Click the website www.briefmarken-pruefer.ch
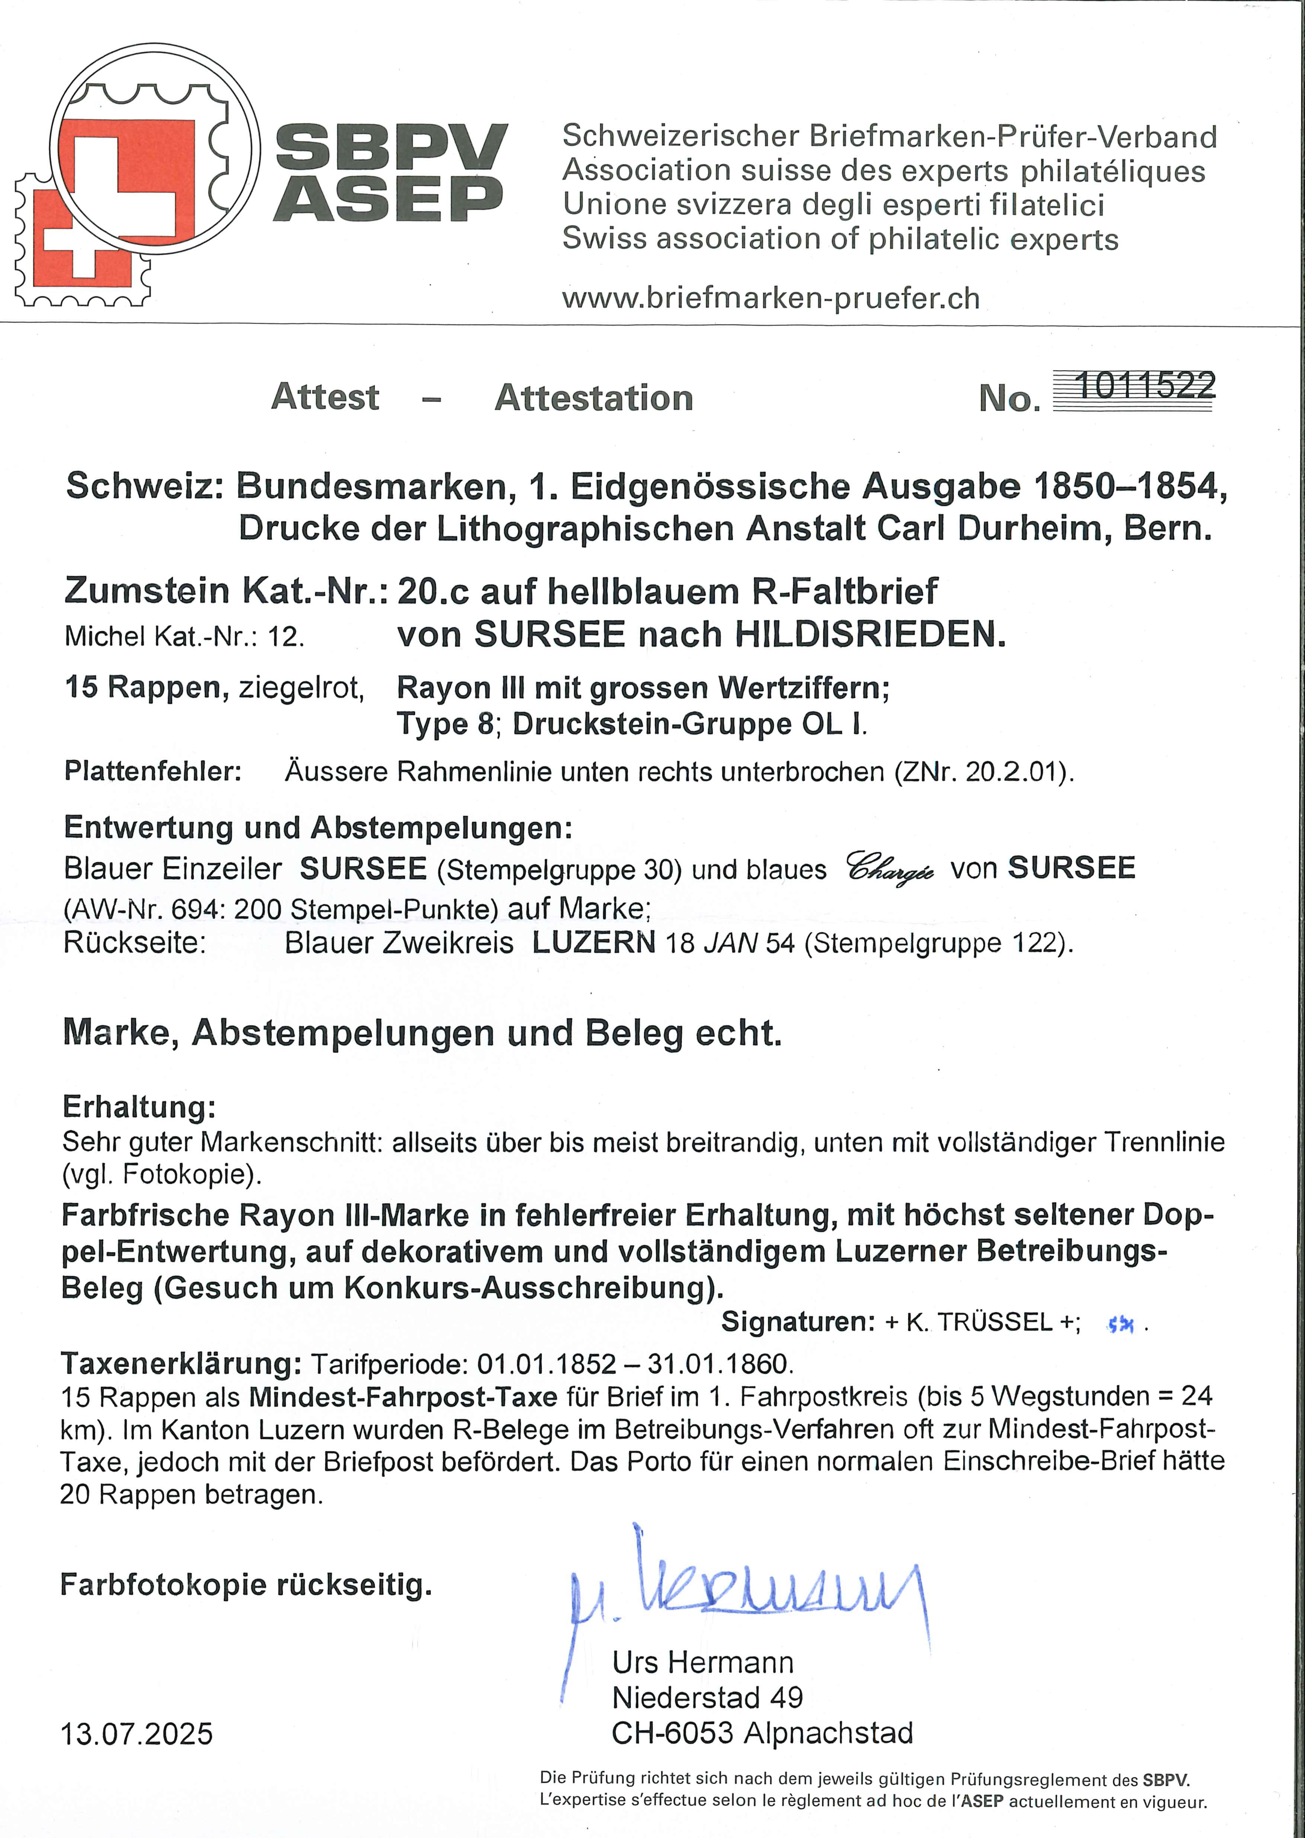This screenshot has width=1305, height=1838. click(x=770, y=298)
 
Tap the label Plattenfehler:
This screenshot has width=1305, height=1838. click(x=153, y=772)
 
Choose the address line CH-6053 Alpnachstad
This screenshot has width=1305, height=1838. click(x=762, y=1732)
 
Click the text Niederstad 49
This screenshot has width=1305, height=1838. click(x=707, y=1696)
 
